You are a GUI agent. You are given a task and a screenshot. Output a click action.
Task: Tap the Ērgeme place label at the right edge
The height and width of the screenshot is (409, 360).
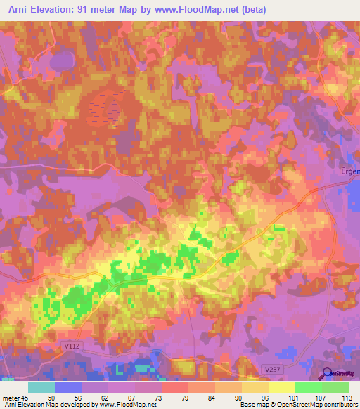[349, 171]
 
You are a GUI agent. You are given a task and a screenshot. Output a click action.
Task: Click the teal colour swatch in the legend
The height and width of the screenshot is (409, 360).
[41, 387]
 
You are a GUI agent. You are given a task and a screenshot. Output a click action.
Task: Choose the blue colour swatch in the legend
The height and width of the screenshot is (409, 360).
[68, 387]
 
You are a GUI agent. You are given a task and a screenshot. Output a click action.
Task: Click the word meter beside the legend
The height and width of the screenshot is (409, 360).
[10, 398]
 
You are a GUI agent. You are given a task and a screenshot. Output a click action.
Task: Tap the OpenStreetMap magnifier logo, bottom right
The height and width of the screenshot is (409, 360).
[328, 374]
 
